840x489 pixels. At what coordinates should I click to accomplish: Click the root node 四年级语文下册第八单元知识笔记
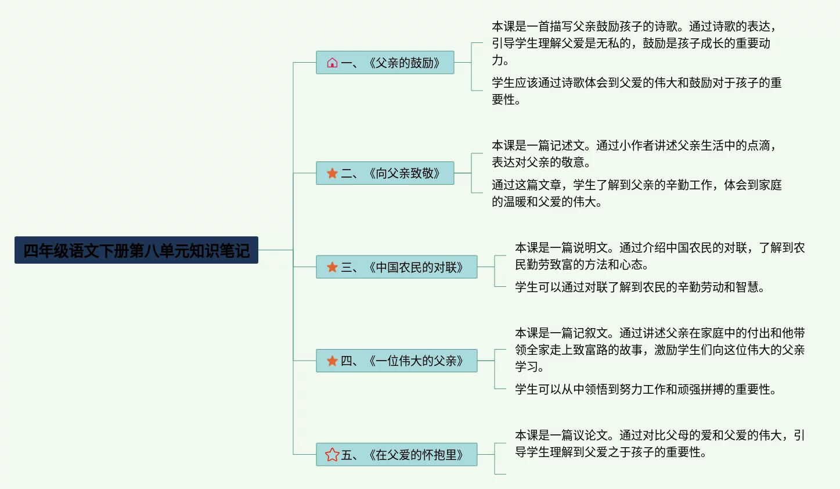(x=136, y=250)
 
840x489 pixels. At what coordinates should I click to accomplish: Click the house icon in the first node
(x=332, y=63)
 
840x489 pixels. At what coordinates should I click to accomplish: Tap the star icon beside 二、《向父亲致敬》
(x=332, y=173)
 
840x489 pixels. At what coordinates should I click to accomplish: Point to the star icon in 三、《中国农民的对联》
(x=332, y=267)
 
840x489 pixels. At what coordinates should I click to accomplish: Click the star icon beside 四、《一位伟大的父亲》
(x=332, y=361)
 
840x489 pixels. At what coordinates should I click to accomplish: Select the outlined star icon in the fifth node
(x=332, y=455)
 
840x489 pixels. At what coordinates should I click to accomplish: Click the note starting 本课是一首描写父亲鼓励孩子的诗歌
(x=633, y=43)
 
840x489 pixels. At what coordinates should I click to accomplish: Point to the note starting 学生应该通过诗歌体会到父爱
(x=636, y=91)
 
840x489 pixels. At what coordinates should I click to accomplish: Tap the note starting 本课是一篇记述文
(x=633, y=154)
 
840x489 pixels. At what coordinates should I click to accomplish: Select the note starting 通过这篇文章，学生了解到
(x=636, y=193)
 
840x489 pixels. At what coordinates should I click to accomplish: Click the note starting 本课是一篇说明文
(x=659, y=256)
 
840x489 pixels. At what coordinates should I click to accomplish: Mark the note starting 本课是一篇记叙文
(x=659, y=350)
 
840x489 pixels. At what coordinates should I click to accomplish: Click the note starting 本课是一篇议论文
(x=659, y=444)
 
